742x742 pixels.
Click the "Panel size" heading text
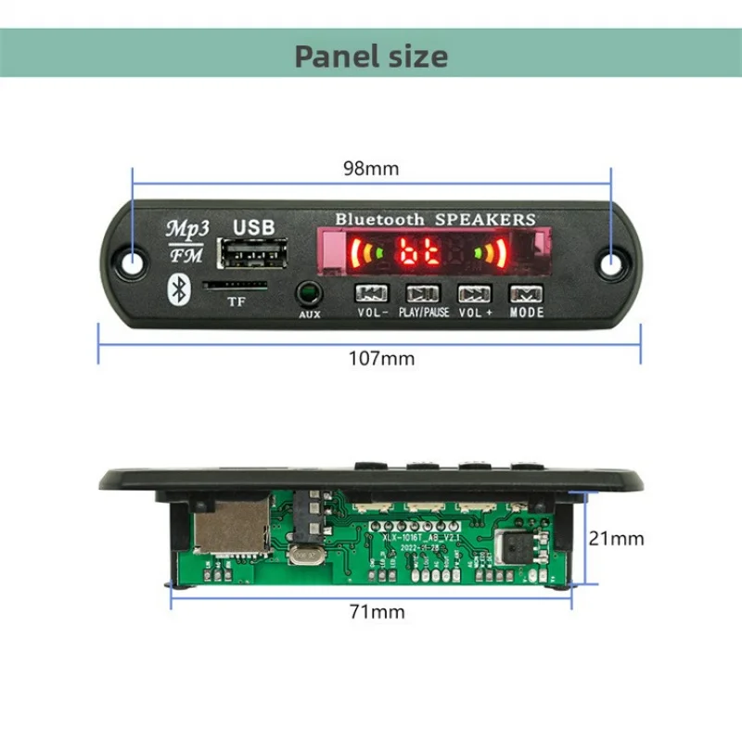(371, 56)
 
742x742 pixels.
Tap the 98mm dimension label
(372, 169)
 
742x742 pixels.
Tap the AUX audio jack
(309, 296)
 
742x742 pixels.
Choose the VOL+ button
(474, 294)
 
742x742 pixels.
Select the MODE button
(527, 294)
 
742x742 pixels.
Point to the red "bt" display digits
(418, 252)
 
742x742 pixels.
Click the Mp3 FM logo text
(187, 238)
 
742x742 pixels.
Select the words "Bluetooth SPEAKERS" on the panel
(435, 219)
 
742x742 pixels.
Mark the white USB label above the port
(254, 225)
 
